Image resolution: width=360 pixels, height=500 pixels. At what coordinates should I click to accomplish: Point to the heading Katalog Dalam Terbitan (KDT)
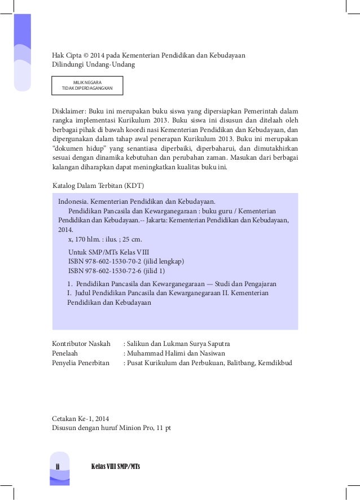coord(101,185)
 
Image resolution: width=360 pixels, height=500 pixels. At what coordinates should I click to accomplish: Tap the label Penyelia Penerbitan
coord(80,363)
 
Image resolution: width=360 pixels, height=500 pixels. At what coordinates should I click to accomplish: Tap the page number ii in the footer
coord(58,466)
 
